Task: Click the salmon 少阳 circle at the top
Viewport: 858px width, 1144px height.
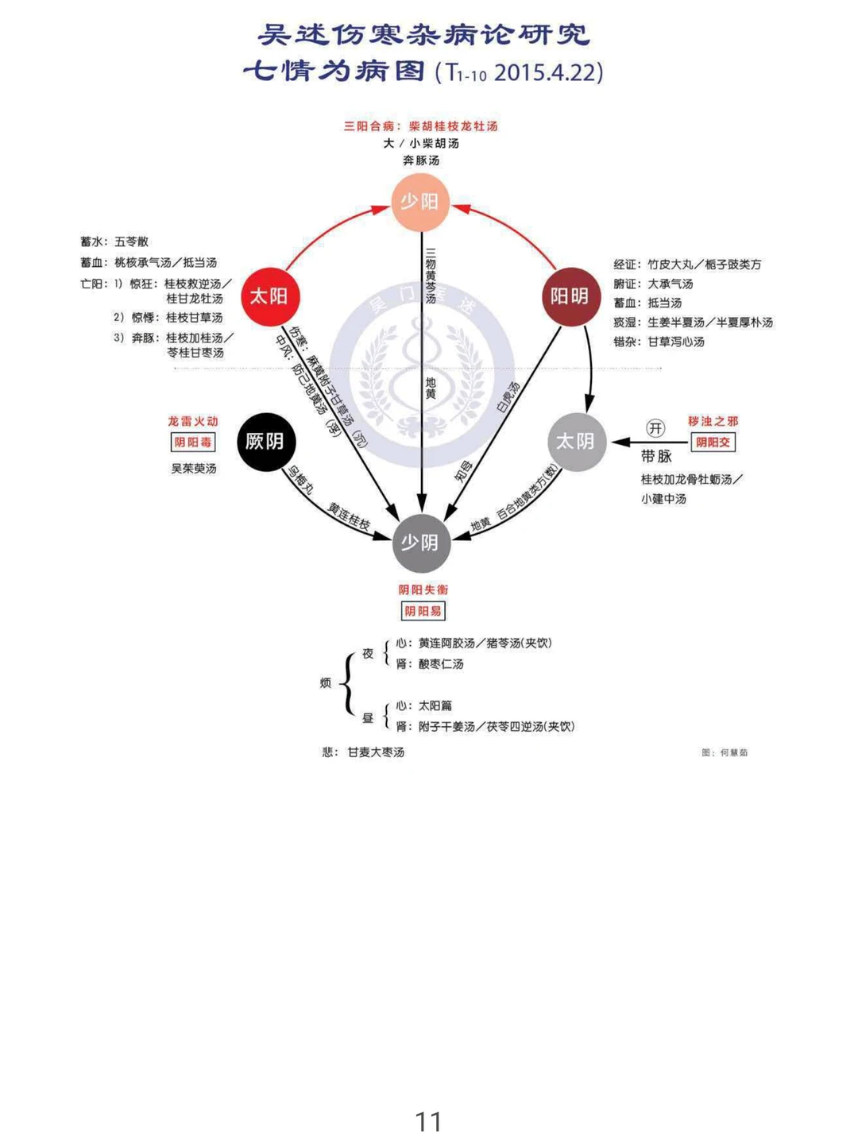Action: click(x=420, y=202)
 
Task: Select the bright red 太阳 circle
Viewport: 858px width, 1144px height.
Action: click(x=269, y=296)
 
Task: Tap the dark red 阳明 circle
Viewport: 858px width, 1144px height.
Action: click(x=570, y=296)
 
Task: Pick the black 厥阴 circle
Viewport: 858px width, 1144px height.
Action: click(x=265, y=442)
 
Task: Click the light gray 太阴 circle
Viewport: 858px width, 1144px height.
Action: click(x=577, y=442)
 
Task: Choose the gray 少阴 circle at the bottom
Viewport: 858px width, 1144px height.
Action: click(x=420, y=543)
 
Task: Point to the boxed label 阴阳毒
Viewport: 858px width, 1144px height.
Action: click(x=193, y=443)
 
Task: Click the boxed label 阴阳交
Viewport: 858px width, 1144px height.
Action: click(x=713, y=443)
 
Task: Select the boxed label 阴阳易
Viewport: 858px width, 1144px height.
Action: click(x=423, y=611)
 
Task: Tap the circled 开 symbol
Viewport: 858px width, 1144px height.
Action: click(x=655, y=429)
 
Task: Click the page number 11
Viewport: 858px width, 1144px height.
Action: click(x=429, y=1122)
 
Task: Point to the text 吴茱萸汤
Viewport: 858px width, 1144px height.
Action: click(x=194, y=469)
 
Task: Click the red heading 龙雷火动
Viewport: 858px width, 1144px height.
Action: click(x=193, y=421)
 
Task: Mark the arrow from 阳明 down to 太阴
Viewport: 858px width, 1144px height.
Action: click(x=589, y=365)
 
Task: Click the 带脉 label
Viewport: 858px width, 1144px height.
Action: click(x=657, y=456)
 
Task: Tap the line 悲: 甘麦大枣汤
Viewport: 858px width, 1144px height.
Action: click(x=364, y=752)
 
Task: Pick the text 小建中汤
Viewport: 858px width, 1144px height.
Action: click(x=664, y=499)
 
